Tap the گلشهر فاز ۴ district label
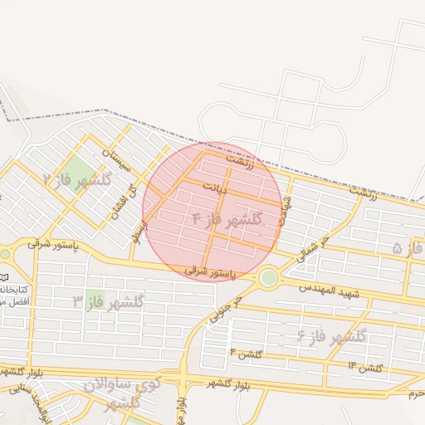(227, 219)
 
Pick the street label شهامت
(287, 205)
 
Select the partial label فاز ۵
(407, 247)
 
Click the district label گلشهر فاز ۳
(108, 300)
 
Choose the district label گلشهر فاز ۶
(331, 336)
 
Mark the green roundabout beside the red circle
(268, 278)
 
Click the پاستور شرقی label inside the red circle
(209, 271)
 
